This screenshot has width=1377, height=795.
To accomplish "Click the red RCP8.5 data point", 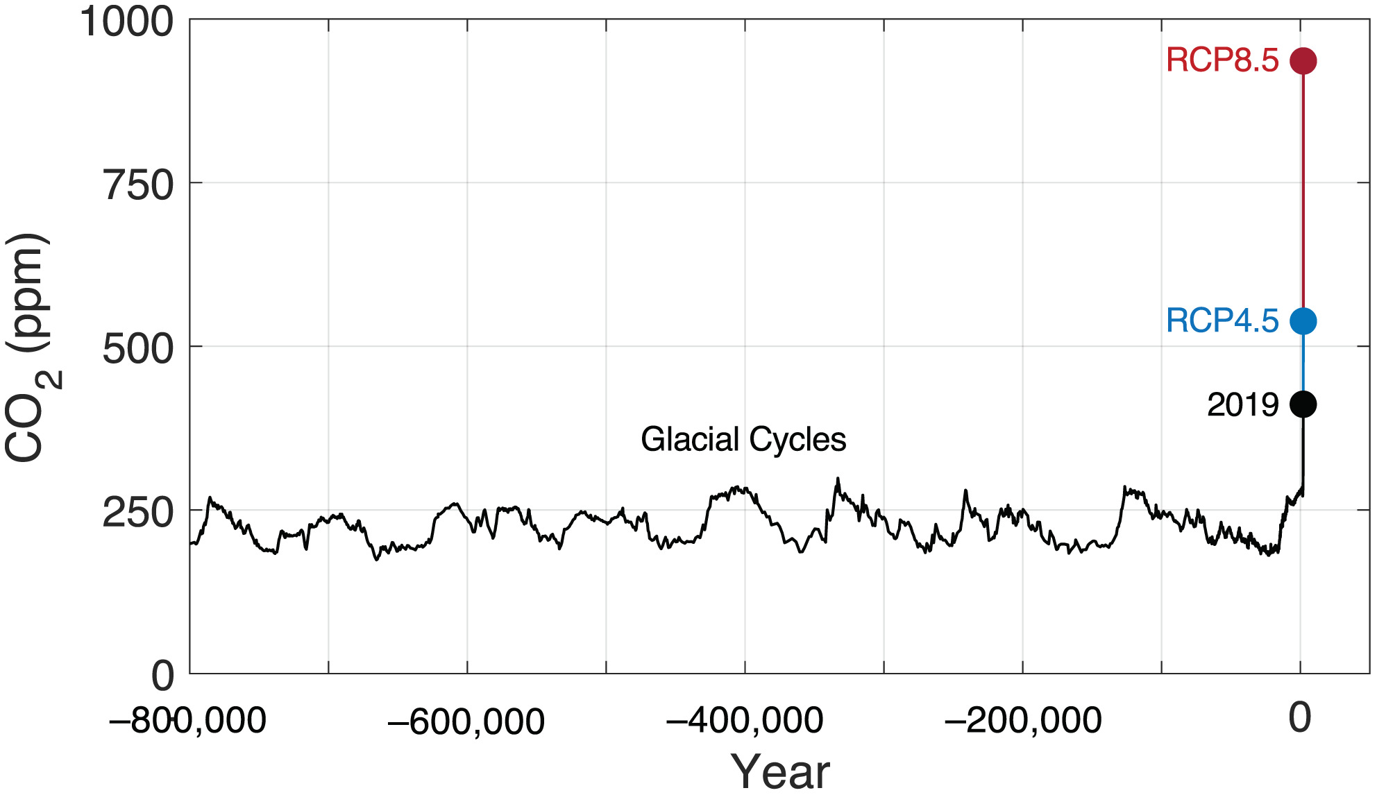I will tap(1303, 61).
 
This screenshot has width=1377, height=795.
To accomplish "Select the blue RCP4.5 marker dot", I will tap(1303, 321).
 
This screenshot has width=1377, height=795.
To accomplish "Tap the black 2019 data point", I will tap(1303, 404).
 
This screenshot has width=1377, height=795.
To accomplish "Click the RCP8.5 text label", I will tap(1222, 60).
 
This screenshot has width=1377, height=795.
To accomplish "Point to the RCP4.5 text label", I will tap(1222, 321).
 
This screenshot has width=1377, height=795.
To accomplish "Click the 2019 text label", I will tap(1242, 405).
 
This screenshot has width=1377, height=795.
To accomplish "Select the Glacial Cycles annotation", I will tap(743, 440).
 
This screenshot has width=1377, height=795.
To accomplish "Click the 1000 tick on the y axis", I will tap(126, 22).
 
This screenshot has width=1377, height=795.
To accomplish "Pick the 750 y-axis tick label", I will tap(138, 186).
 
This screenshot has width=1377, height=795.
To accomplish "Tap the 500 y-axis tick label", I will tap(138, 349).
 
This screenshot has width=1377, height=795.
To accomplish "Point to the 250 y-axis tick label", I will tap(138, 513).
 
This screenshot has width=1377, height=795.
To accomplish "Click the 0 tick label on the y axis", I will tap(163, 676).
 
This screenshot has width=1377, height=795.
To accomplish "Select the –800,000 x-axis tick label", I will tap(187, 721).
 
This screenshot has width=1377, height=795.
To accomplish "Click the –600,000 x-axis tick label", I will tap(466, 721).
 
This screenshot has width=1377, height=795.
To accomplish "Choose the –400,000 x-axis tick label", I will tap(744, 721).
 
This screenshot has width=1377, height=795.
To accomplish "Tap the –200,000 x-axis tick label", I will tap(1022, 721).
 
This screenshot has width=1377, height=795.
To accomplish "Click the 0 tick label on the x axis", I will tap(1300, 718).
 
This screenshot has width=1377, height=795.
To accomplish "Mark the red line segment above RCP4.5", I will tap(1303, 187).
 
